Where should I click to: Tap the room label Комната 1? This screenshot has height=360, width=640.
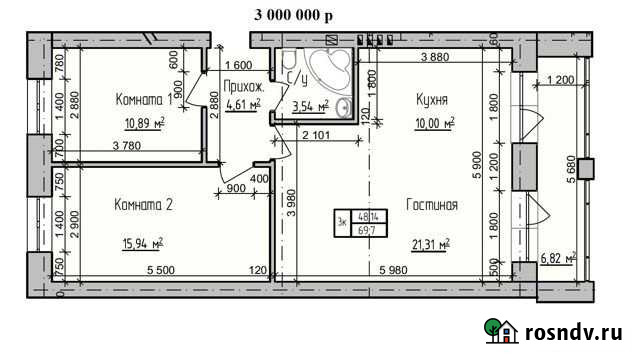145,100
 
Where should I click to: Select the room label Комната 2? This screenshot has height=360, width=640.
144,205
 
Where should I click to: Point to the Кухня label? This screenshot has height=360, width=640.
431,100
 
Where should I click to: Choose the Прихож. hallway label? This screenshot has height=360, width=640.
243,86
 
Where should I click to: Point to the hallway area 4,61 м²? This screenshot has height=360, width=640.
243,103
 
